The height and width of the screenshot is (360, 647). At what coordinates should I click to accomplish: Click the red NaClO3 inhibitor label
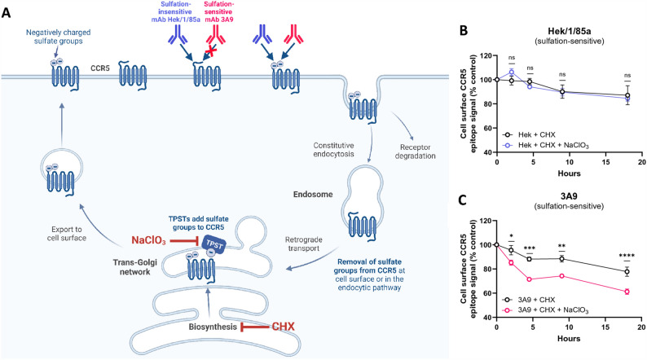148,240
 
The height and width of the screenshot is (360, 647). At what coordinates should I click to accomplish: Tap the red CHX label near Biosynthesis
283,327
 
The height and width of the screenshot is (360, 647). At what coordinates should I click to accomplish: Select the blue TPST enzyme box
213,245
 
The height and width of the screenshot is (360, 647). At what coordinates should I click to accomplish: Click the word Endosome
313,194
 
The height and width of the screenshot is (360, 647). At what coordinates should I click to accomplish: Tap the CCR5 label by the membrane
100,68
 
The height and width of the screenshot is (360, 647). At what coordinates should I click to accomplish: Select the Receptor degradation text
415,151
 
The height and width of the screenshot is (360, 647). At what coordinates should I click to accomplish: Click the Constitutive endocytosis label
333,150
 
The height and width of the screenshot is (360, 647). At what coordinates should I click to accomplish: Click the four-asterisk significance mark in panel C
627,256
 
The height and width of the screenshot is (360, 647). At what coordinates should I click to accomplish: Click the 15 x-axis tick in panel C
605,325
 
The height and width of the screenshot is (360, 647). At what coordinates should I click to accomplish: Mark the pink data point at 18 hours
627,292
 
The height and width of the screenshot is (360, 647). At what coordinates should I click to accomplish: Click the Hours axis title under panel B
569,173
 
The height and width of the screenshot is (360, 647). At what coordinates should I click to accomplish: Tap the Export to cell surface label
67,234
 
